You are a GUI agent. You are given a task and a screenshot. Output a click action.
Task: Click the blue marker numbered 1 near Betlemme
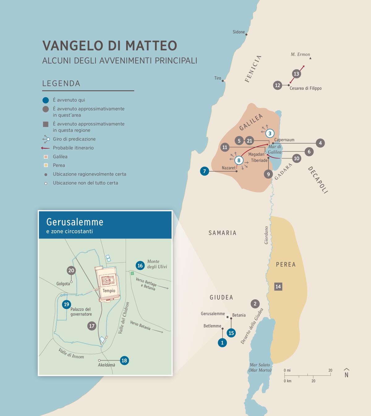click(222, 343)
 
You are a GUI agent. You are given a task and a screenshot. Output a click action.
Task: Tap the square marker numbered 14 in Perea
click(278, 286)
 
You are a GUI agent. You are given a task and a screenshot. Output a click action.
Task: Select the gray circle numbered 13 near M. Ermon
click(296, 74)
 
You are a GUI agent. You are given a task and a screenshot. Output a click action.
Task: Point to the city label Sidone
click(239, 32)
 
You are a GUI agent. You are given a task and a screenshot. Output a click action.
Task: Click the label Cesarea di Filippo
click(305, 88)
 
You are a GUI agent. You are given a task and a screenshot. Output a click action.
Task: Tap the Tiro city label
click(218, 78)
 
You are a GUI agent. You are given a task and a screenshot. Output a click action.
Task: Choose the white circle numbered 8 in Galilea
click(239, 160)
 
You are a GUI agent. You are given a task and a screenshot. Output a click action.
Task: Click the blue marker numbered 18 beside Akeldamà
click(124, 360)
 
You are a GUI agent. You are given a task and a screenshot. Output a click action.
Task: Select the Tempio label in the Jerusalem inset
click(109, 291)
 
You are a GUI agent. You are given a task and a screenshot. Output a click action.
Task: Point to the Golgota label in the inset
click(63, 284)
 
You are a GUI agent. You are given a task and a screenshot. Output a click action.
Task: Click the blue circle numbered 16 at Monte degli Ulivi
click(140, 265)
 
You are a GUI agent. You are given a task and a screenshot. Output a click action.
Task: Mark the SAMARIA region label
click(222, 233)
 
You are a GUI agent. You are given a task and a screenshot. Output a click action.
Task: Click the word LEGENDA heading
click(61, 84)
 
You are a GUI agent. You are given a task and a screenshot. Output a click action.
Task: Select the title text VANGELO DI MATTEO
click(110, 45)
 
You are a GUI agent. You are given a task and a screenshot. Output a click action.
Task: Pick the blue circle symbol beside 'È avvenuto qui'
click(45, 100)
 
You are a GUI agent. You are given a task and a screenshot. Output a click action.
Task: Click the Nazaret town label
click(228, 168)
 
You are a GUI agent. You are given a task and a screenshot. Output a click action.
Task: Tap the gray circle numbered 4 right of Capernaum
click(320, 143)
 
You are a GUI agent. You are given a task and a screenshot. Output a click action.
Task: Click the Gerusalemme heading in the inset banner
click(75, 222)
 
